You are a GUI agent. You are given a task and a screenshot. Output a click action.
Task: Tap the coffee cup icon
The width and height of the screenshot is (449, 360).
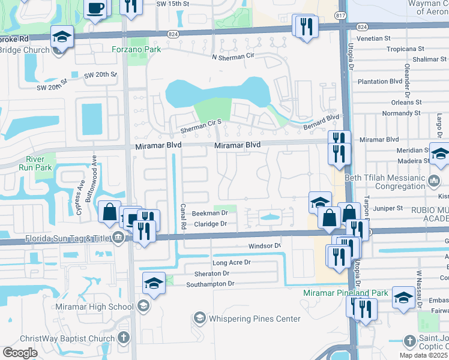(x=95, y=8)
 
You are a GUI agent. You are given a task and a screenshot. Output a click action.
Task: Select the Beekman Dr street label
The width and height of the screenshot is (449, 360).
(x=209, y=213)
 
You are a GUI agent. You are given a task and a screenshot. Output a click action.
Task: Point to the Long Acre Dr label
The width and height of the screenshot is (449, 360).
(x=231, y=263)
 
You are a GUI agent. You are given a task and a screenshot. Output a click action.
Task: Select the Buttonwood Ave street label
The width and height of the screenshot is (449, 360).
(x=94, y=172)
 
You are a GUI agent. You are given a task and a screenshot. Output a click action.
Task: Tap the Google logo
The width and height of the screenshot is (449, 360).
(x=20, y=353)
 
